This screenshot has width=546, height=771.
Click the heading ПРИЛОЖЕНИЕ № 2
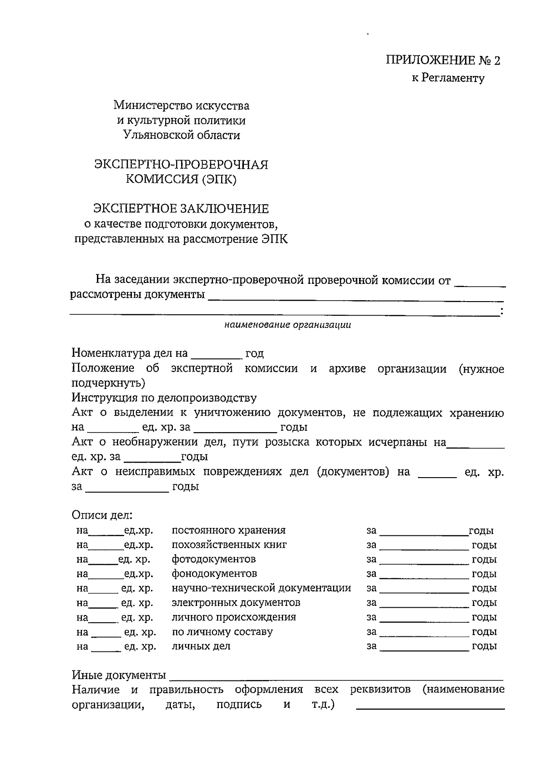pos(443,60)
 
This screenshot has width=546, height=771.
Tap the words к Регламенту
pos(448,78)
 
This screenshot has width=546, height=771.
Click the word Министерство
pos(153,106)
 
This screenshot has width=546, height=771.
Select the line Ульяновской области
pos(181,135)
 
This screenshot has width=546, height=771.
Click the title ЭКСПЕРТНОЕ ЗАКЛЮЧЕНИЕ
pos(181,209)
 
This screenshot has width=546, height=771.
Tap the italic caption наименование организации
pos(288,325)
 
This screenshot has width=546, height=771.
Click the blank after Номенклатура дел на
pos(216,354)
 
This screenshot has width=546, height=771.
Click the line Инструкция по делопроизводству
pos(164,398)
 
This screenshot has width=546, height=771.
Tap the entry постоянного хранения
pos(228,530)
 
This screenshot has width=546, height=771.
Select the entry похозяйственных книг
pos(229,544)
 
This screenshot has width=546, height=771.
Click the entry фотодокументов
pos(213,559)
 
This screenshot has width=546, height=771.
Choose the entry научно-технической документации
pos(261,588)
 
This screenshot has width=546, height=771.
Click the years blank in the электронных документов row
pos(424,604)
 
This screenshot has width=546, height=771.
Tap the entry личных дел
pos(201,646)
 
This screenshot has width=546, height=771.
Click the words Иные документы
pos(118,675)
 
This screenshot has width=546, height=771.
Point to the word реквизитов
pos(380,690)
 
